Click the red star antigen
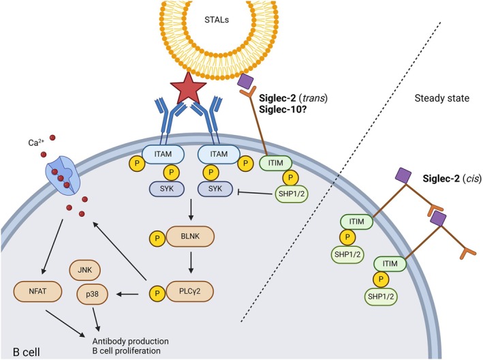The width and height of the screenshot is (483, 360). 188,88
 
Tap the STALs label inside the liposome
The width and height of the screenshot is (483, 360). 217,20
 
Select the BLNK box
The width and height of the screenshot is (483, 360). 190,237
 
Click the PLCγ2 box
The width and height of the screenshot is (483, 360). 190,291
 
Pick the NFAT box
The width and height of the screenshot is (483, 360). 37,291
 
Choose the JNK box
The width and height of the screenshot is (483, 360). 84,270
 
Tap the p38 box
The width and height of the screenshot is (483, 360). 92,294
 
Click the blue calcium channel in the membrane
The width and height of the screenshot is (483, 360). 63,175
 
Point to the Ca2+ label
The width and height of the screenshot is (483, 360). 35,142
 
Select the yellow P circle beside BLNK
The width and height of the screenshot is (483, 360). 157,238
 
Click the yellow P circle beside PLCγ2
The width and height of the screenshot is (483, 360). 157,292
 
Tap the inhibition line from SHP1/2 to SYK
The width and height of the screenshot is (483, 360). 256,193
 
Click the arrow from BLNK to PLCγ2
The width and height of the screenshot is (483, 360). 191,262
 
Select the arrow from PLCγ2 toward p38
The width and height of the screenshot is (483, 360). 127,295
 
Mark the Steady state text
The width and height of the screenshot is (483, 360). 441,98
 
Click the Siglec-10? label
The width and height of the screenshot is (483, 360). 282,109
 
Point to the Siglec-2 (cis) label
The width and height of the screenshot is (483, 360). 452,179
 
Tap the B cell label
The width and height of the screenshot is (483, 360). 27,352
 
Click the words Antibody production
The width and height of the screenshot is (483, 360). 130,341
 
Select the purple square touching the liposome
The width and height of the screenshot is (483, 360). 245,82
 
